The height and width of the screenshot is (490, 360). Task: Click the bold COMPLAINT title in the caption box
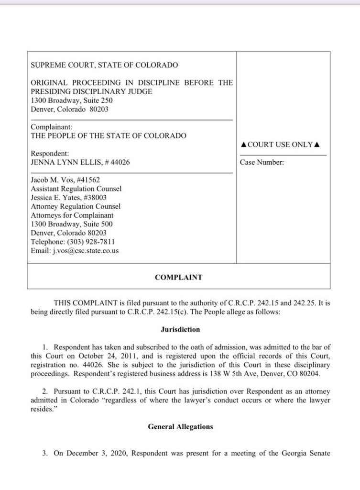coord(178,277)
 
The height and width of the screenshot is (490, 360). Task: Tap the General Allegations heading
coord(180,427)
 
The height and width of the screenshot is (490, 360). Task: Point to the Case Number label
coord(262,162)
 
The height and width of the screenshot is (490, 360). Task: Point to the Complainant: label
coord(52,127)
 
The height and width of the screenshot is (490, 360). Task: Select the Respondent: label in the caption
coord(50,154)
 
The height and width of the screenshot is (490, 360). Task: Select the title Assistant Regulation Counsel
coord(76,189)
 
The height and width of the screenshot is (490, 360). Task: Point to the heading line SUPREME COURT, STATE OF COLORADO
coord(104,65)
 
